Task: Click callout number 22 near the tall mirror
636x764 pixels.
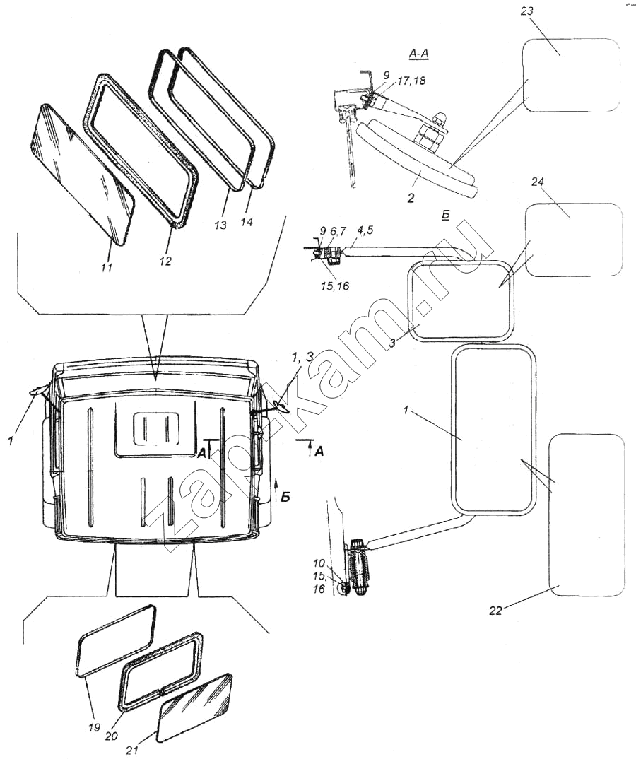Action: click(x=495, y=611)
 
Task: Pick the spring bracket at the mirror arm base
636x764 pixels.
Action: click(x=358, y=565)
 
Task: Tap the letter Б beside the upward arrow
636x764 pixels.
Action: click(x=285, y=497)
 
